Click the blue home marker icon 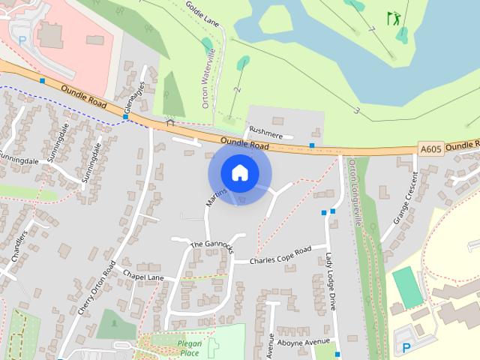(239, 172)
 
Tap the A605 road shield (430, 149)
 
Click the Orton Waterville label (212, 79)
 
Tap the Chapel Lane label (142, 277)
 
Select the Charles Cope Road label (280, 256)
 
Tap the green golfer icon (393, 18)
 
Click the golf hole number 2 (237, 89)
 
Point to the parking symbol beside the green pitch (406, 346)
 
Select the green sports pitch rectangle (407, 287)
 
